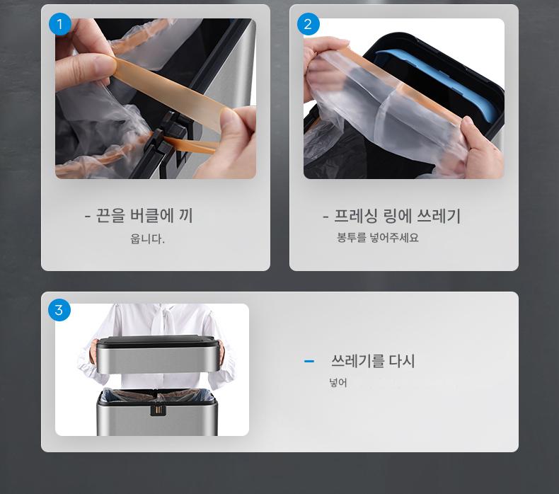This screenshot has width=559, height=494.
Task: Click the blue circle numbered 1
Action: click(60, 24)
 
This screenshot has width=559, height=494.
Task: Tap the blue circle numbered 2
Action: click(308, 24)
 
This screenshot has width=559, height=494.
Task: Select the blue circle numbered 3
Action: click(59, 309)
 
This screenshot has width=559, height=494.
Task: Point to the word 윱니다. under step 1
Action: click(147, 239)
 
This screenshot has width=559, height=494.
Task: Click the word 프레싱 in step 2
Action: click(355, 216)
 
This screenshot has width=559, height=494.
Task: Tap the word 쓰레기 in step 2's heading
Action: click(439, 216)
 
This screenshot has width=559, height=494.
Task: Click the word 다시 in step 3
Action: click(402, 361)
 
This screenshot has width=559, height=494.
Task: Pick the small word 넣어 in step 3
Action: click(338, 383)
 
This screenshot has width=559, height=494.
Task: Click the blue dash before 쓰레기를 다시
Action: click(309, 362)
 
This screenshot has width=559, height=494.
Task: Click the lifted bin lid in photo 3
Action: click(156, 354)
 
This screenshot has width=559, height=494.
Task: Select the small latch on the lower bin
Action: click(159, 409)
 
